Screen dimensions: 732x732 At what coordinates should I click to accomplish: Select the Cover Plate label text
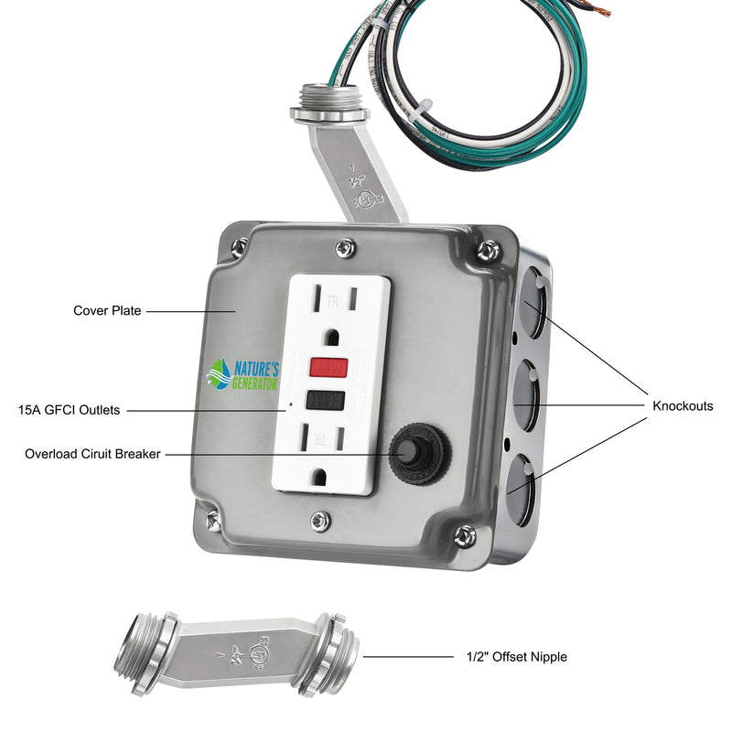point(107,311)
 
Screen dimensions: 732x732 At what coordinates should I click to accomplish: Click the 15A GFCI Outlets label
point(69,411)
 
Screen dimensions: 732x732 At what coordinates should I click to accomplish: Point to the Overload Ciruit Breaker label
point(92,454)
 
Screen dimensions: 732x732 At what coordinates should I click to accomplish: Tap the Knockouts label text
point(683,406)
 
